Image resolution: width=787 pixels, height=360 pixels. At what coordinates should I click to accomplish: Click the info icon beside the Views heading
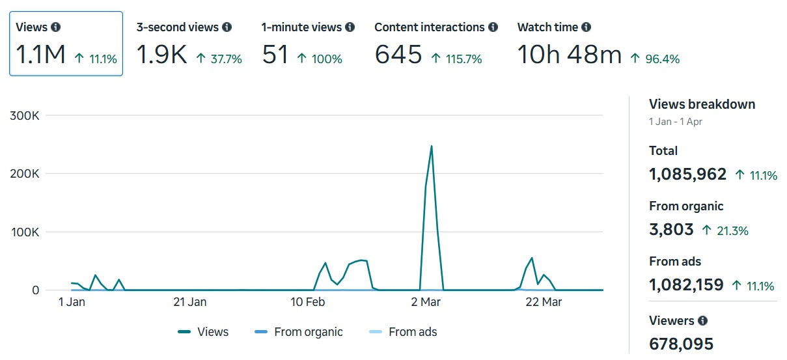pos(56,27)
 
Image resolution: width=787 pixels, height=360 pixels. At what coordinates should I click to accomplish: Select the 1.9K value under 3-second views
pos(161,55)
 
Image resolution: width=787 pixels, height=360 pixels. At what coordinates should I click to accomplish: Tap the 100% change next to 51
pos(320,59)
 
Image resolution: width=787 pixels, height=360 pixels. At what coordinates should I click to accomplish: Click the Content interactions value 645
pos(398,55)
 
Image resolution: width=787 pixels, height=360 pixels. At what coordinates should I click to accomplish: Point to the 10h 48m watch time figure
pos(570,55)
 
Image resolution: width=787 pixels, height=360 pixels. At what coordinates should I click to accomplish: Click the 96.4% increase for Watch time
pos(655,59)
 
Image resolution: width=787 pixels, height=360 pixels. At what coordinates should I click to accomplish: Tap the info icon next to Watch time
pos(587,27)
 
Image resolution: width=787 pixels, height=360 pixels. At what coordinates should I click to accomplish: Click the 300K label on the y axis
pos(26,116)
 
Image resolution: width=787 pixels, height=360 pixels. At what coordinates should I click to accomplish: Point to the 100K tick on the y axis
pos(26,232)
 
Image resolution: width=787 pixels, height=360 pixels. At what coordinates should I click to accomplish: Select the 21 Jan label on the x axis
pos(189,302)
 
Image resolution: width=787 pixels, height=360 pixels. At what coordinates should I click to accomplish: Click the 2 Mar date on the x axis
pos(426,302)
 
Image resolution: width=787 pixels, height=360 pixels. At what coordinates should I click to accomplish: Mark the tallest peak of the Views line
pos(431,146)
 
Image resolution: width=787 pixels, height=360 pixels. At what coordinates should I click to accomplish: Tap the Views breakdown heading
pos(702,104)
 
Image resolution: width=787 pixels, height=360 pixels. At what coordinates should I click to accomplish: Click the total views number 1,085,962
pos(687,174)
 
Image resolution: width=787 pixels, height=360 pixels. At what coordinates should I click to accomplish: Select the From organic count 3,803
pos(671,230)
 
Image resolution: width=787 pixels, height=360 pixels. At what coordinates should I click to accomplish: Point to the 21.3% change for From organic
pos(725,230)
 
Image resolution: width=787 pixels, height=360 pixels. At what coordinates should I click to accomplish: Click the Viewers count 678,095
pos(681,343)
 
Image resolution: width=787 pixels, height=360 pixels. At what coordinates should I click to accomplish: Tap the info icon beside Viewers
pos(702,321)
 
